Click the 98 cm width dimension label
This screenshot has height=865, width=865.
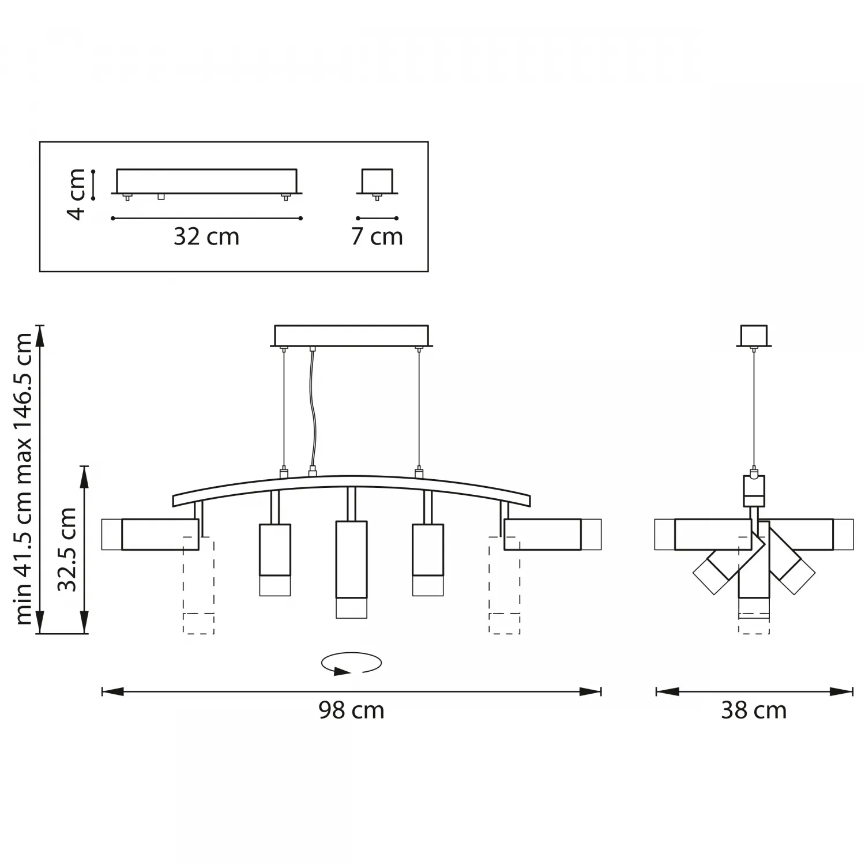click(x=351, y=710)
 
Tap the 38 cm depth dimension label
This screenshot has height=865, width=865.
click(x=754, y=710)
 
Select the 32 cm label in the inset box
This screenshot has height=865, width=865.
click(x=206, y=236)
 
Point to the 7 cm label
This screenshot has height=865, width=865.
click(x=377, y=236)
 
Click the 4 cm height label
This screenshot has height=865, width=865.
click(x=76, y=194)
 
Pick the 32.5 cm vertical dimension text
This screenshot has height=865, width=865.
click(x=67, y=550)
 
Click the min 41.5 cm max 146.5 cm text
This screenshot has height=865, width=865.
click(x=23, y=479)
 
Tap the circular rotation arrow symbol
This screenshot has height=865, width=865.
click(x=351, y=663)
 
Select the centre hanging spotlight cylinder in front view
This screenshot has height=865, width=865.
click(x=351, y=569)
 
